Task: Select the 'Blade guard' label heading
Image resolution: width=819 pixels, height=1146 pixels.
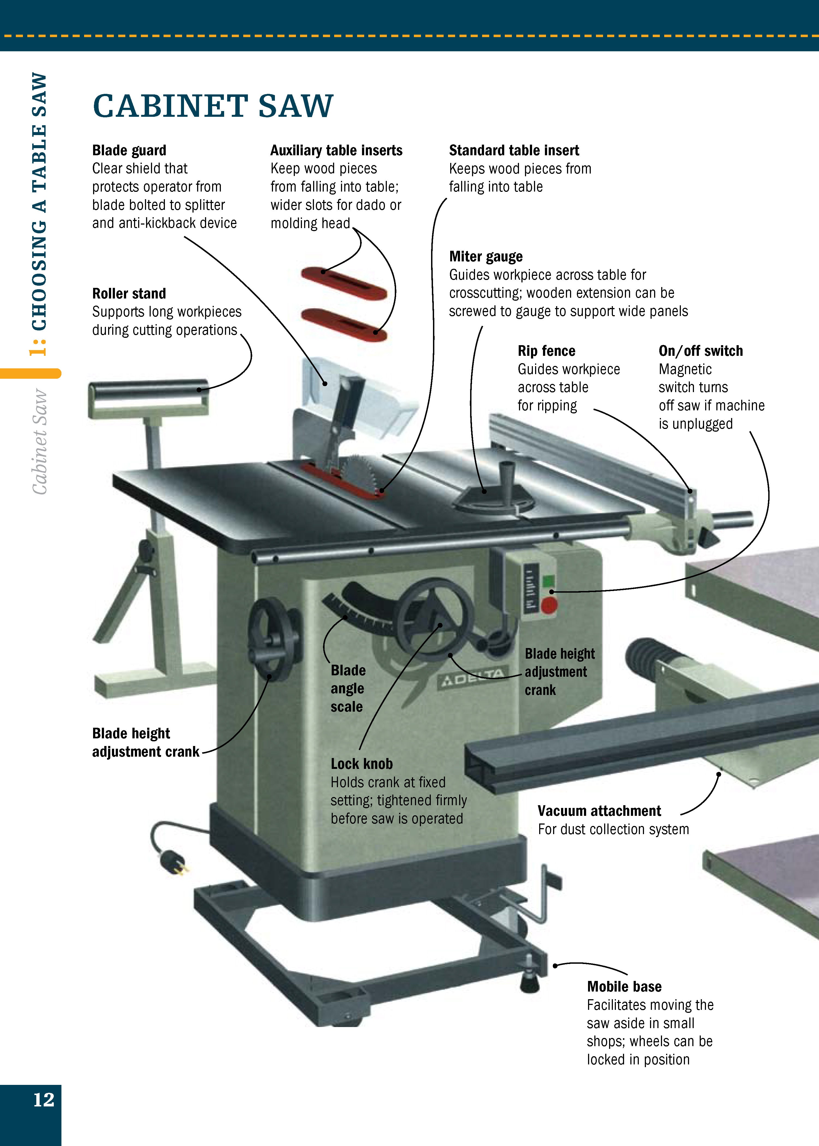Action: pyautogui.click(x=129, y=150)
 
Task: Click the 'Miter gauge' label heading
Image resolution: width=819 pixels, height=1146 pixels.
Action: pyautogui.click(x=486, y=256)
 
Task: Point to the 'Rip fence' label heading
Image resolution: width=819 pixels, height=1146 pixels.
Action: pyautogui.click(x=546, y=351)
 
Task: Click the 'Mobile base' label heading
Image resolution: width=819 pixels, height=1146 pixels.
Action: pyautogui.click(x=624, y=986)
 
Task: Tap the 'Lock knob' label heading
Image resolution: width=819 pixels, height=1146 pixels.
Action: pyautogui.click(x=362, y=764)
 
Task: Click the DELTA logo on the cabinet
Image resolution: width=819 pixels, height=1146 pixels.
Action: pyautogui.click(x=471, y=679)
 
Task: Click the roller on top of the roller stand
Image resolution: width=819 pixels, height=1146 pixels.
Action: pyautogui.click(x=148, y=390)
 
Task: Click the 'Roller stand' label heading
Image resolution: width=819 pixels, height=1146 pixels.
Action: pyautogui.click(x=129, y=293)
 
